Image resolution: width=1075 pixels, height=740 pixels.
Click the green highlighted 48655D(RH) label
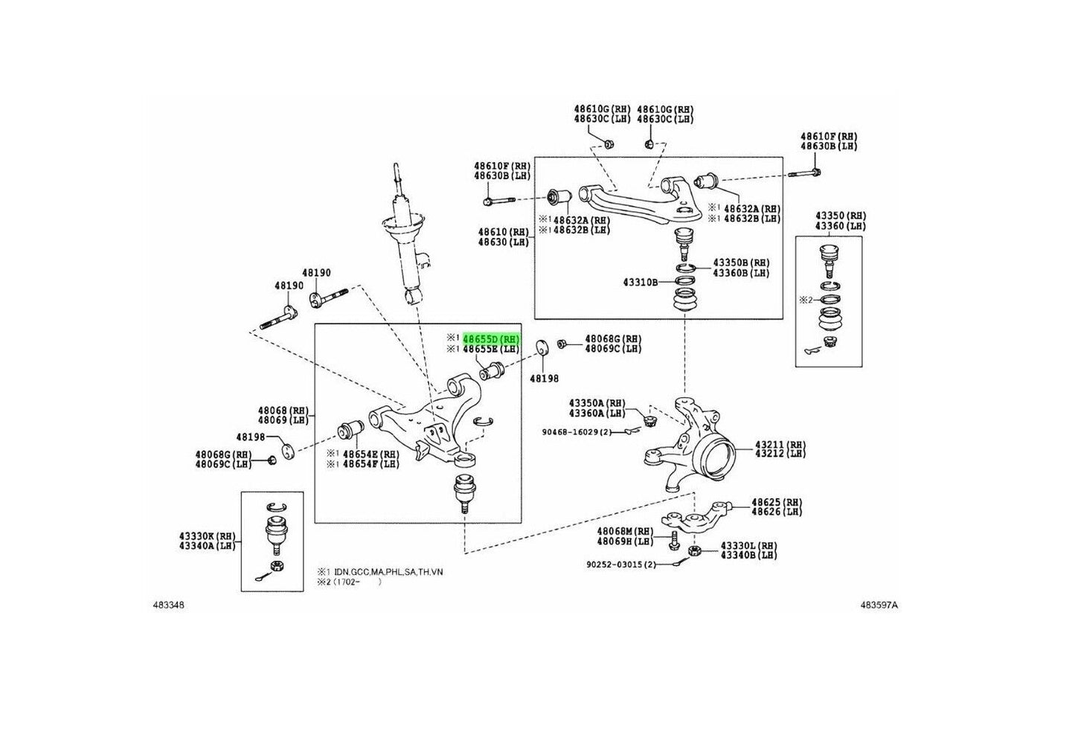491,338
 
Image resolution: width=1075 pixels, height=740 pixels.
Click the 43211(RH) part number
779,445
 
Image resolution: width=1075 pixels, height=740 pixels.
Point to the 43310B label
641,283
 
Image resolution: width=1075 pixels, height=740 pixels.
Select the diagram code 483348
168,605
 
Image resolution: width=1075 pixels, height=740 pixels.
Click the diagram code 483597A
879,605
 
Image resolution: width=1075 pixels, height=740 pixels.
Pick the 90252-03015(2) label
622,564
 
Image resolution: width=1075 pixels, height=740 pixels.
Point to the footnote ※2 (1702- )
350,582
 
